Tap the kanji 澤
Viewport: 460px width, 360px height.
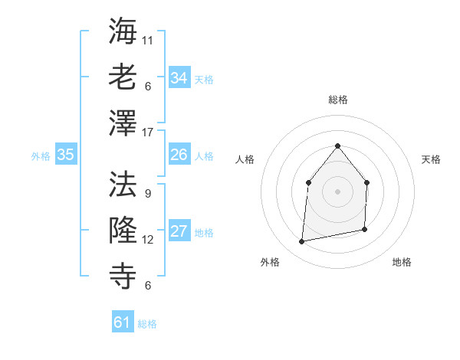123,123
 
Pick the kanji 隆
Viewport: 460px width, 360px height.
123,229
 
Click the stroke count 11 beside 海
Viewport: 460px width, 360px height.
148,40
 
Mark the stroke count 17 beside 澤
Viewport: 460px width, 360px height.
148,133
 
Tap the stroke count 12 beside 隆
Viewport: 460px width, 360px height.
148,240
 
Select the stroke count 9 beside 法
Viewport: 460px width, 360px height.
147,193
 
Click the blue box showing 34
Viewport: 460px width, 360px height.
179,78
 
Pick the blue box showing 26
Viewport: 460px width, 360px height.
179,155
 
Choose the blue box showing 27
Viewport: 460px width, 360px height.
179,231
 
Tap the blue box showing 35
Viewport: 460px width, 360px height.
66,155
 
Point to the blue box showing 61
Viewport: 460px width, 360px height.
123,322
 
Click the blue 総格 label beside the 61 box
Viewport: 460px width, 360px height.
147,324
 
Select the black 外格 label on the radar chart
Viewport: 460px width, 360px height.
270,262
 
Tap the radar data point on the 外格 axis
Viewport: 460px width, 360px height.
302,242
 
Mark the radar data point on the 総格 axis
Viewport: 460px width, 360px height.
337,146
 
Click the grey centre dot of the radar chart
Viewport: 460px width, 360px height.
337,191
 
